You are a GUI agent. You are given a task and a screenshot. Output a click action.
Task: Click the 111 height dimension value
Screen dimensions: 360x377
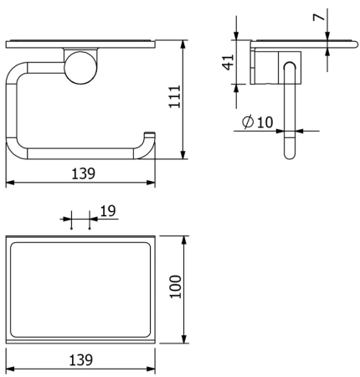click(175, 96)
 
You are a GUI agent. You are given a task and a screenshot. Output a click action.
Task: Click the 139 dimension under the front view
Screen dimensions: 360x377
click(83, 173)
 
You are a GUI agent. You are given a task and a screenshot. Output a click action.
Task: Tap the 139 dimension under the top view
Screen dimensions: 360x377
click(80, 359)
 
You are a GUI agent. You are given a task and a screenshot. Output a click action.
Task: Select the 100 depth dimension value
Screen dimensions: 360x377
click(176, 287)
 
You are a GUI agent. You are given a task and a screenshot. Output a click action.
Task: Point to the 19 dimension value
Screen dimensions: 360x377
click(108, 211)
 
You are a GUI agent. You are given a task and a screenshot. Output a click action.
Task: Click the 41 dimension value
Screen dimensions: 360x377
click(228, 62)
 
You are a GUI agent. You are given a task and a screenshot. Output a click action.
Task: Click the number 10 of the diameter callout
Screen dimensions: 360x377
click(265, 122)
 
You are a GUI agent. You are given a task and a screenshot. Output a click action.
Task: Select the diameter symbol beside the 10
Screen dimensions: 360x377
click(248, 121)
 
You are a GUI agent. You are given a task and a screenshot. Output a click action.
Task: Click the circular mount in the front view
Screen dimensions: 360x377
click(80, 68)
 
